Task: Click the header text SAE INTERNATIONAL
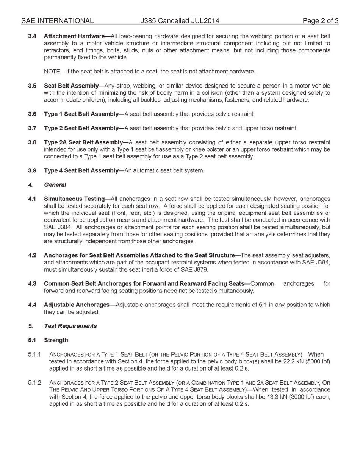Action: tap(57, 21)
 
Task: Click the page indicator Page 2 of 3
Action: tap(320, 21)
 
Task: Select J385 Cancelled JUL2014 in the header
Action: tap(180, 21)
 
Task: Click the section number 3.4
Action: tap(32, 36)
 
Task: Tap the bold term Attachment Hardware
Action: tap(74, 36)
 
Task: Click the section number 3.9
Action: tap(32, 171)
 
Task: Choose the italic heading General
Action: tap(55, 185)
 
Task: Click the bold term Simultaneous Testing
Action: tap(74, 199)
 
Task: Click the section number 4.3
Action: tap(32, 284)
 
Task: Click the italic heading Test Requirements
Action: tap(70, 326)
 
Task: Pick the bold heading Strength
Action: tap(56, 340)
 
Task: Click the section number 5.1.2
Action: tap(34, 383)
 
